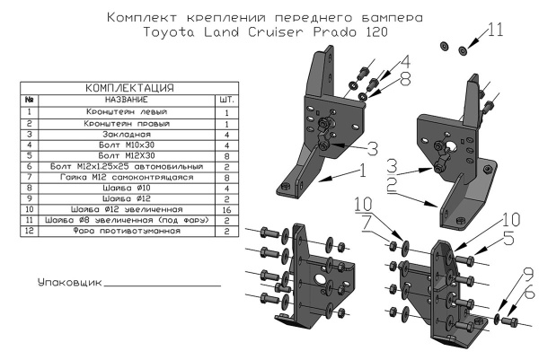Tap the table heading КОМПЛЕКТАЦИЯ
pyautogui.click(x=128, y=88)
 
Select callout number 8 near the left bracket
pyautogui.click(x=404, y=78)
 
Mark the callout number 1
pyautogui.click(x=362, y=168)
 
